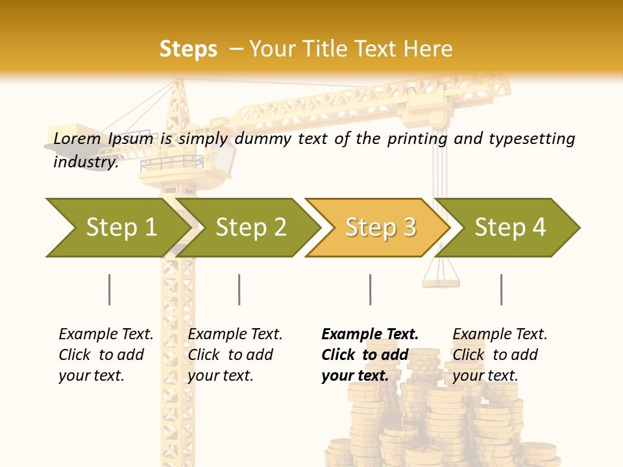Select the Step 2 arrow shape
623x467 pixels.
(250, 227)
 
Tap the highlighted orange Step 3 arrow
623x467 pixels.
(380, 227)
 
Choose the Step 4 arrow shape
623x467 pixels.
(510, 227)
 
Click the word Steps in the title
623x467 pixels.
(188, 49)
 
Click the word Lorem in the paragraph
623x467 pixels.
(77, 138)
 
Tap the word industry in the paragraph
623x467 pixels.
(85, 162)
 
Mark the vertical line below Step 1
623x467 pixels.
(110, 289)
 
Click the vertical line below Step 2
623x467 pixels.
(239, 289)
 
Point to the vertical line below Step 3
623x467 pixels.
(371, 289)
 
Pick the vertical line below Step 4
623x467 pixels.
(502, 289)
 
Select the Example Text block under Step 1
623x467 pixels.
(106, 355)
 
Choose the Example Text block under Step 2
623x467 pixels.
(235, 355)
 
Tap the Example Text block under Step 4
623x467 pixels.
(500, 355)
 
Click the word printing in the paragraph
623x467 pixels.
(417, 139)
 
